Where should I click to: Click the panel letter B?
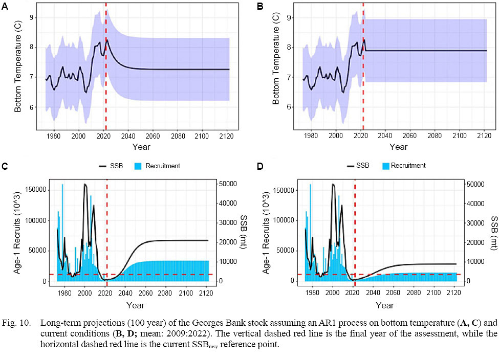[260, 7]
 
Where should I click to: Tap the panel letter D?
[260, 166]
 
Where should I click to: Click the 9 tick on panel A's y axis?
[32, 17]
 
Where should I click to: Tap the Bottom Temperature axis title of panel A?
[18, 64]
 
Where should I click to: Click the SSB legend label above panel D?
[362, 166]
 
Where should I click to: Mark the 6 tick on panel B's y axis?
[290, 107]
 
